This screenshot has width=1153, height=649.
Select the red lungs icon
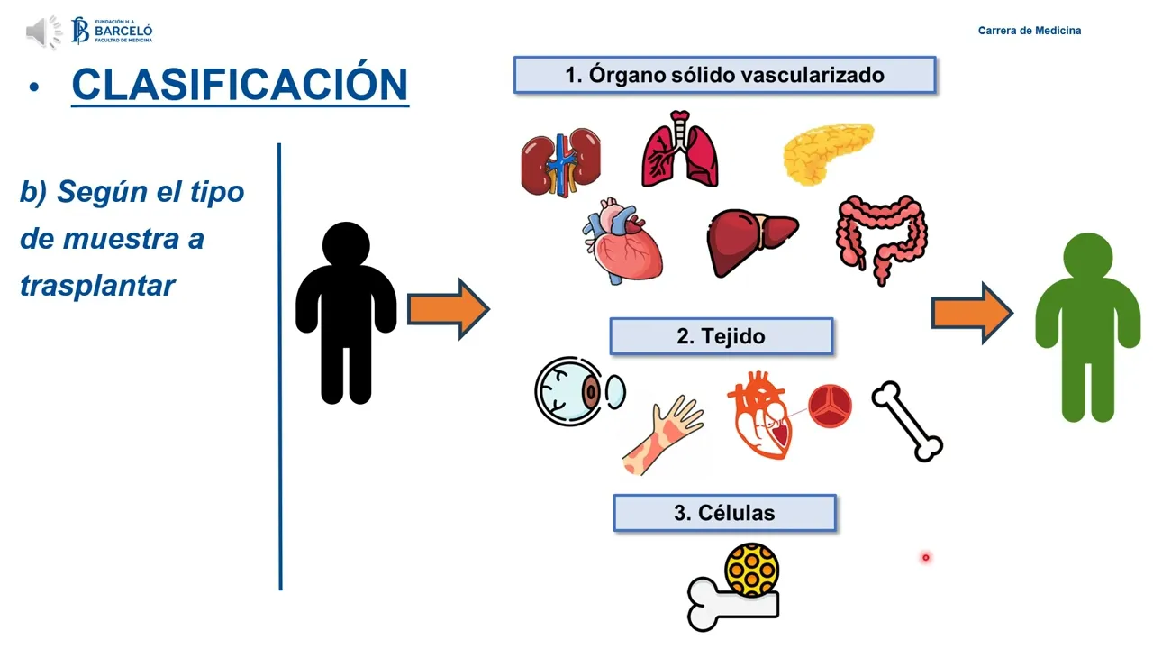pos(680,151)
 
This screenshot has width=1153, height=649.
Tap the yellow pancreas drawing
pos(828,151)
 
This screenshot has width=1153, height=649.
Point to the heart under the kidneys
pos(622,242)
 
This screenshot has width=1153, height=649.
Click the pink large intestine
pos(882,239)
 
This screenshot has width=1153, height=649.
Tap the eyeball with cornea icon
pos(576,391)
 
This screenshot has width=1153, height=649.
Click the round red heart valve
pos(830,407)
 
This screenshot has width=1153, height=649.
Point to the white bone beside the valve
pos(906,421)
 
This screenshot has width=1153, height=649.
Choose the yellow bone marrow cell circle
pos(751,569)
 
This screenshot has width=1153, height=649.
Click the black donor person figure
pos(346,312)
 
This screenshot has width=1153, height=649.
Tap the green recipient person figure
pos(1087,327)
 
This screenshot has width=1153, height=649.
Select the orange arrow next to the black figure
pos(448,309)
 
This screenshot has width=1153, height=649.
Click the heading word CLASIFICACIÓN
pos(240,85)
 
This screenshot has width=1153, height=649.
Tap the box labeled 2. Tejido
pos(721,336)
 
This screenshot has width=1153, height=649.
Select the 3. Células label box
pos(724,513)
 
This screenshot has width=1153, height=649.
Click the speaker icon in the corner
pos(42,32)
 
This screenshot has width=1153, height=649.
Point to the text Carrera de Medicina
pos(1030,31)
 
